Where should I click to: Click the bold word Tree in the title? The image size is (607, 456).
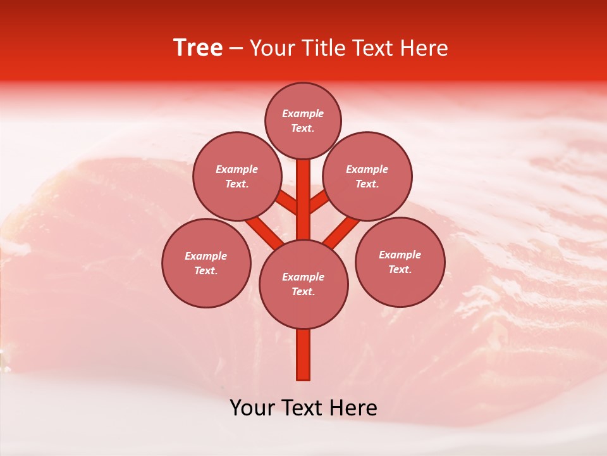point(198,47)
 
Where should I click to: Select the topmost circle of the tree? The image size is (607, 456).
point(303,120)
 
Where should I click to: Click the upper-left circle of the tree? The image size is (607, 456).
point(236,176)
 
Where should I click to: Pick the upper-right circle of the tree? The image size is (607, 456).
point(367,176)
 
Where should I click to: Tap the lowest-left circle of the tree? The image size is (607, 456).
point(206,263)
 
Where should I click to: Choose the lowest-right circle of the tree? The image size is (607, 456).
point(400,262)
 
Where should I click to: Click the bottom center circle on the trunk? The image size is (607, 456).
point(303,284)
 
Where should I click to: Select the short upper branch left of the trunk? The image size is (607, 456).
point(287,202)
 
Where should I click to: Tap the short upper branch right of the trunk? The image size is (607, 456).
point(319,202)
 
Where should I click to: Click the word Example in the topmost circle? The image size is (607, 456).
point(303,113)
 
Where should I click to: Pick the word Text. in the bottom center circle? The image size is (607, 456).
point(303,292)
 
